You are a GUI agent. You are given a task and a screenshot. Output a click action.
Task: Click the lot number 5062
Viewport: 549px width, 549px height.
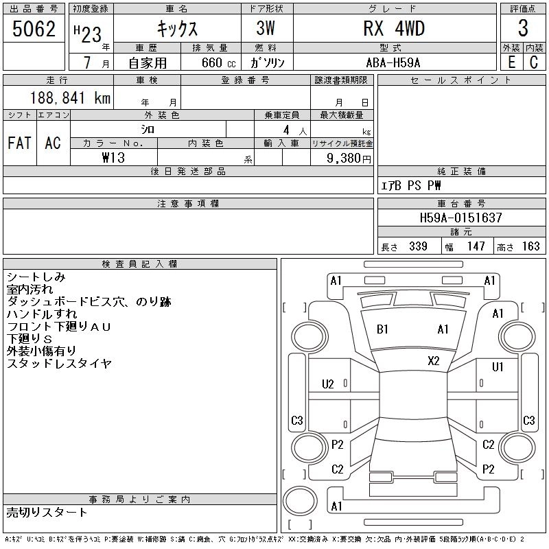(34, 29)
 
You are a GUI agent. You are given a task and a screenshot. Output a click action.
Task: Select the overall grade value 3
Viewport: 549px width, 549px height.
(523, 28)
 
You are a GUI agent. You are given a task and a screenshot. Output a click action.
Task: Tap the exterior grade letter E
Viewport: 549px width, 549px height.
(511, 62)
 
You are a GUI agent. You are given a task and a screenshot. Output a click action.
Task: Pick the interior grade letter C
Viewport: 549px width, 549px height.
(534, 62)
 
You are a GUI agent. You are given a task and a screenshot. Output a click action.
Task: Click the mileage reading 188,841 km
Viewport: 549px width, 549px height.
(70, 97)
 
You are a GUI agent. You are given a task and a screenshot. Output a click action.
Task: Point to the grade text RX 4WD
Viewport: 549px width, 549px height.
(394, 29)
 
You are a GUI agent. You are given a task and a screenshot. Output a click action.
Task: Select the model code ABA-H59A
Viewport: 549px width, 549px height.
(393, 62)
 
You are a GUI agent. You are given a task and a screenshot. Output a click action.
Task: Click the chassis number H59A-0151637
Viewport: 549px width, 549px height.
(460, 218)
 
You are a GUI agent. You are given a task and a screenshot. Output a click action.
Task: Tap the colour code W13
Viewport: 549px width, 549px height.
(113, 158)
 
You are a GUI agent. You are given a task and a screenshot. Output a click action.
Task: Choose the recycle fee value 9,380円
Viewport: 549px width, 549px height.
(349, 159)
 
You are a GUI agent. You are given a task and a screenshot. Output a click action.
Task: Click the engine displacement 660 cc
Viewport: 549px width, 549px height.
(218, 62)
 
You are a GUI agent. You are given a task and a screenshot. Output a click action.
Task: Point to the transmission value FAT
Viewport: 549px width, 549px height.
(20, 143)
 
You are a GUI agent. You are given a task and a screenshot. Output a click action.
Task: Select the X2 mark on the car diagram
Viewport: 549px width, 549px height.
(434, 361)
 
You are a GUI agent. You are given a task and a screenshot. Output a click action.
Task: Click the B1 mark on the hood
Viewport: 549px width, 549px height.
(382, 329)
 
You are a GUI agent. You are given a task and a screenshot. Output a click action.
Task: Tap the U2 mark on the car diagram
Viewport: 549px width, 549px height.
(328, 384)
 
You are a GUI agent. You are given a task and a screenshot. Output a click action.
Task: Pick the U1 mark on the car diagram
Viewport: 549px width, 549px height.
(498, 367)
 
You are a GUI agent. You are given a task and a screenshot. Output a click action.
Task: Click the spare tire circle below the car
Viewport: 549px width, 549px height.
(300, 501)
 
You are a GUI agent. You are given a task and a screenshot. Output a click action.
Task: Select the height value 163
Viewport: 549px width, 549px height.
(530, 246)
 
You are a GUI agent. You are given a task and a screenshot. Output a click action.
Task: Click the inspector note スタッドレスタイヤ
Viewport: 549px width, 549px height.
(59, 363)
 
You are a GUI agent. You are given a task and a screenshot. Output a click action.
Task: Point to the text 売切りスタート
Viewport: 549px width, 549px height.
(47, 512)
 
